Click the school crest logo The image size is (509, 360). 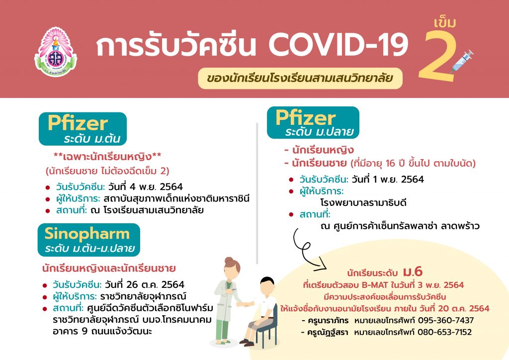(x=56, y=52)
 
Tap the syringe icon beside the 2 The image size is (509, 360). (x=462, y=61)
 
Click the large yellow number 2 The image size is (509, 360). (x=437, y=57)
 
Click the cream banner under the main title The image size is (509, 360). (x=300, y=78)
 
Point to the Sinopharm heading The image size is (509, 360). (x=88, y=240)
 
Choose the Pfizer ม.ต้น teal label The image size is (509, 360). (x=83, y=129)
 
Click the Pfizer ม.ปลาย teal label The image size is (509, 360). (x=313, y=123)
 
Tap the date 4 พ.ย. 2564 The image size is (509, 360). (x=146, y=186)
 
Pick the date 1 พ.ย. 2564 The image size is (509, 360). (x=388, y=179)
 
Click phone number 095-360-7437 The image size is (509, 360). (x=446, y=320)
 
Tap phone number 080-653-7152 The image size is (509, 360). (x=444, y=332)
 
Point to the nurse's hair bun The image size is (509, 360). (x=229, y=260)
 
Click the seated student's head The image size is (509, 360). (x=267, y=285)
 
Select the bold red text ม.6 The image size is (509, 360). (x=413, y=271)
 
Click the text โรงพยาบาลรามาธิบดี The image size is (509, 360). (x=363, y=203)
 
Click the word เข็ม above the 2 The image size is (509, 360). (x=445, y=22)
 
